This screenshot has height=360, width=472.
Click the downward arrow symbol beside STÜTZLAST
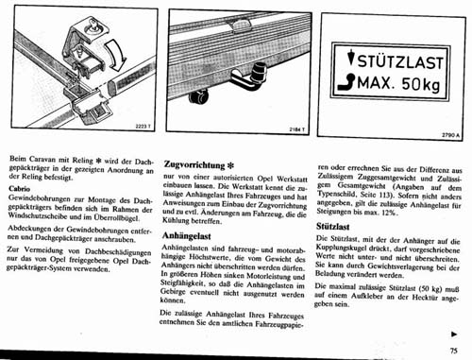[x=352, y=62]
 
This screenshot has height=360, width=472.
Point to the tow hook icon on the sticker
[x=351, y=84]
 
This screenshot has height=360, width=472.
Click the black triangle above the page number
[x=456, y=333]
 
